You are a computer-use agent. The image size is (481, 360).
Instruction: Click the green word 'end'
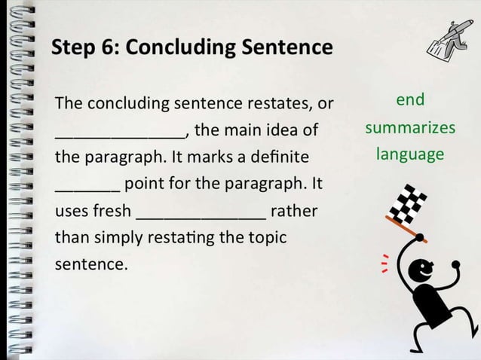pos(410,99)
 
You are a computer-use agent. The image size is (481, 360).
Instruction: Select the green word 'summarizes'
pos(410,127)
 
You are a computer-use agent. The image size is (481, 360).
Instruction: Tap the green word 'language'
pos(410,154)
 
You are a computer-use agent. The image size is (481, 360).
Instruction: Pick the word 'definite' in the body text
pos(280,157)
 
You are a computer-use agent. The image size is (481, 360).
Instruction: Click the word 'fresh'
pos(112,210)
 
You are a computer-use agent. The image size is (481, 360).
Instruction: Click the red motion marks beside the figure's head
pos(385,264)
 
